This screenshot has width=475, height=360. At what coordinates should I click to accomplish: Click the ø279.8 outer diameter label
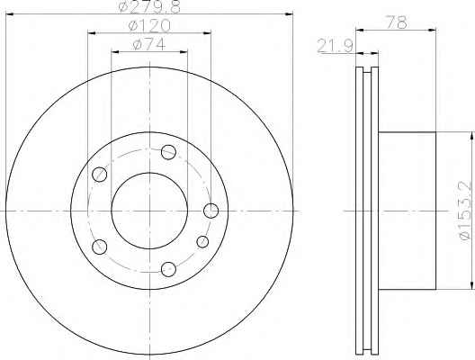pos(149,6)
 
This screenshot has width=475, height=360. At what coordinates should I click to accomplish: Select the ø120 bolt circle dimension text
pos(149,26)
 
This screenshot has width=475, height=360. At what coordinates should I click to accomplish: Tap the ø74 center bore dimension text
pos(149,44)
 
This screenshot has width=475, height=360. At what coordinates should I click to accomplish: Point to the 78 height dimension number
pos(396,22)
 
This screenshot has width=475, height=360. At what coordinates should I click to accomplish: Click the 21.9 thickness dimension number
pos(335,47)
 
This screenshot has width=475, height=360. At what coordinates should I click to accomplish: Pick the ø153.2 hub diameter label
pos(466,211)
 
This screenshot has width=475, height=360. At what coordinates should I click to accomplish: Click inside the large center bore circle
pos(149,211)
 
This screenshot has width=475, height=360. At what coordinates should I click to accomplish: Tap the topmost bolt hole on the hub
pos(168,152)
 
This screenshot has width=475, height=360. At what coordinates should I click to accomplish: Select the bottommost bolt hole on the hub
pos(168,269)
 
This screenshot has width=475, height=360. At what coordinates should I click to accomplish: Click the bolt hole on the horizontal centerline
pos(211,211)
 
